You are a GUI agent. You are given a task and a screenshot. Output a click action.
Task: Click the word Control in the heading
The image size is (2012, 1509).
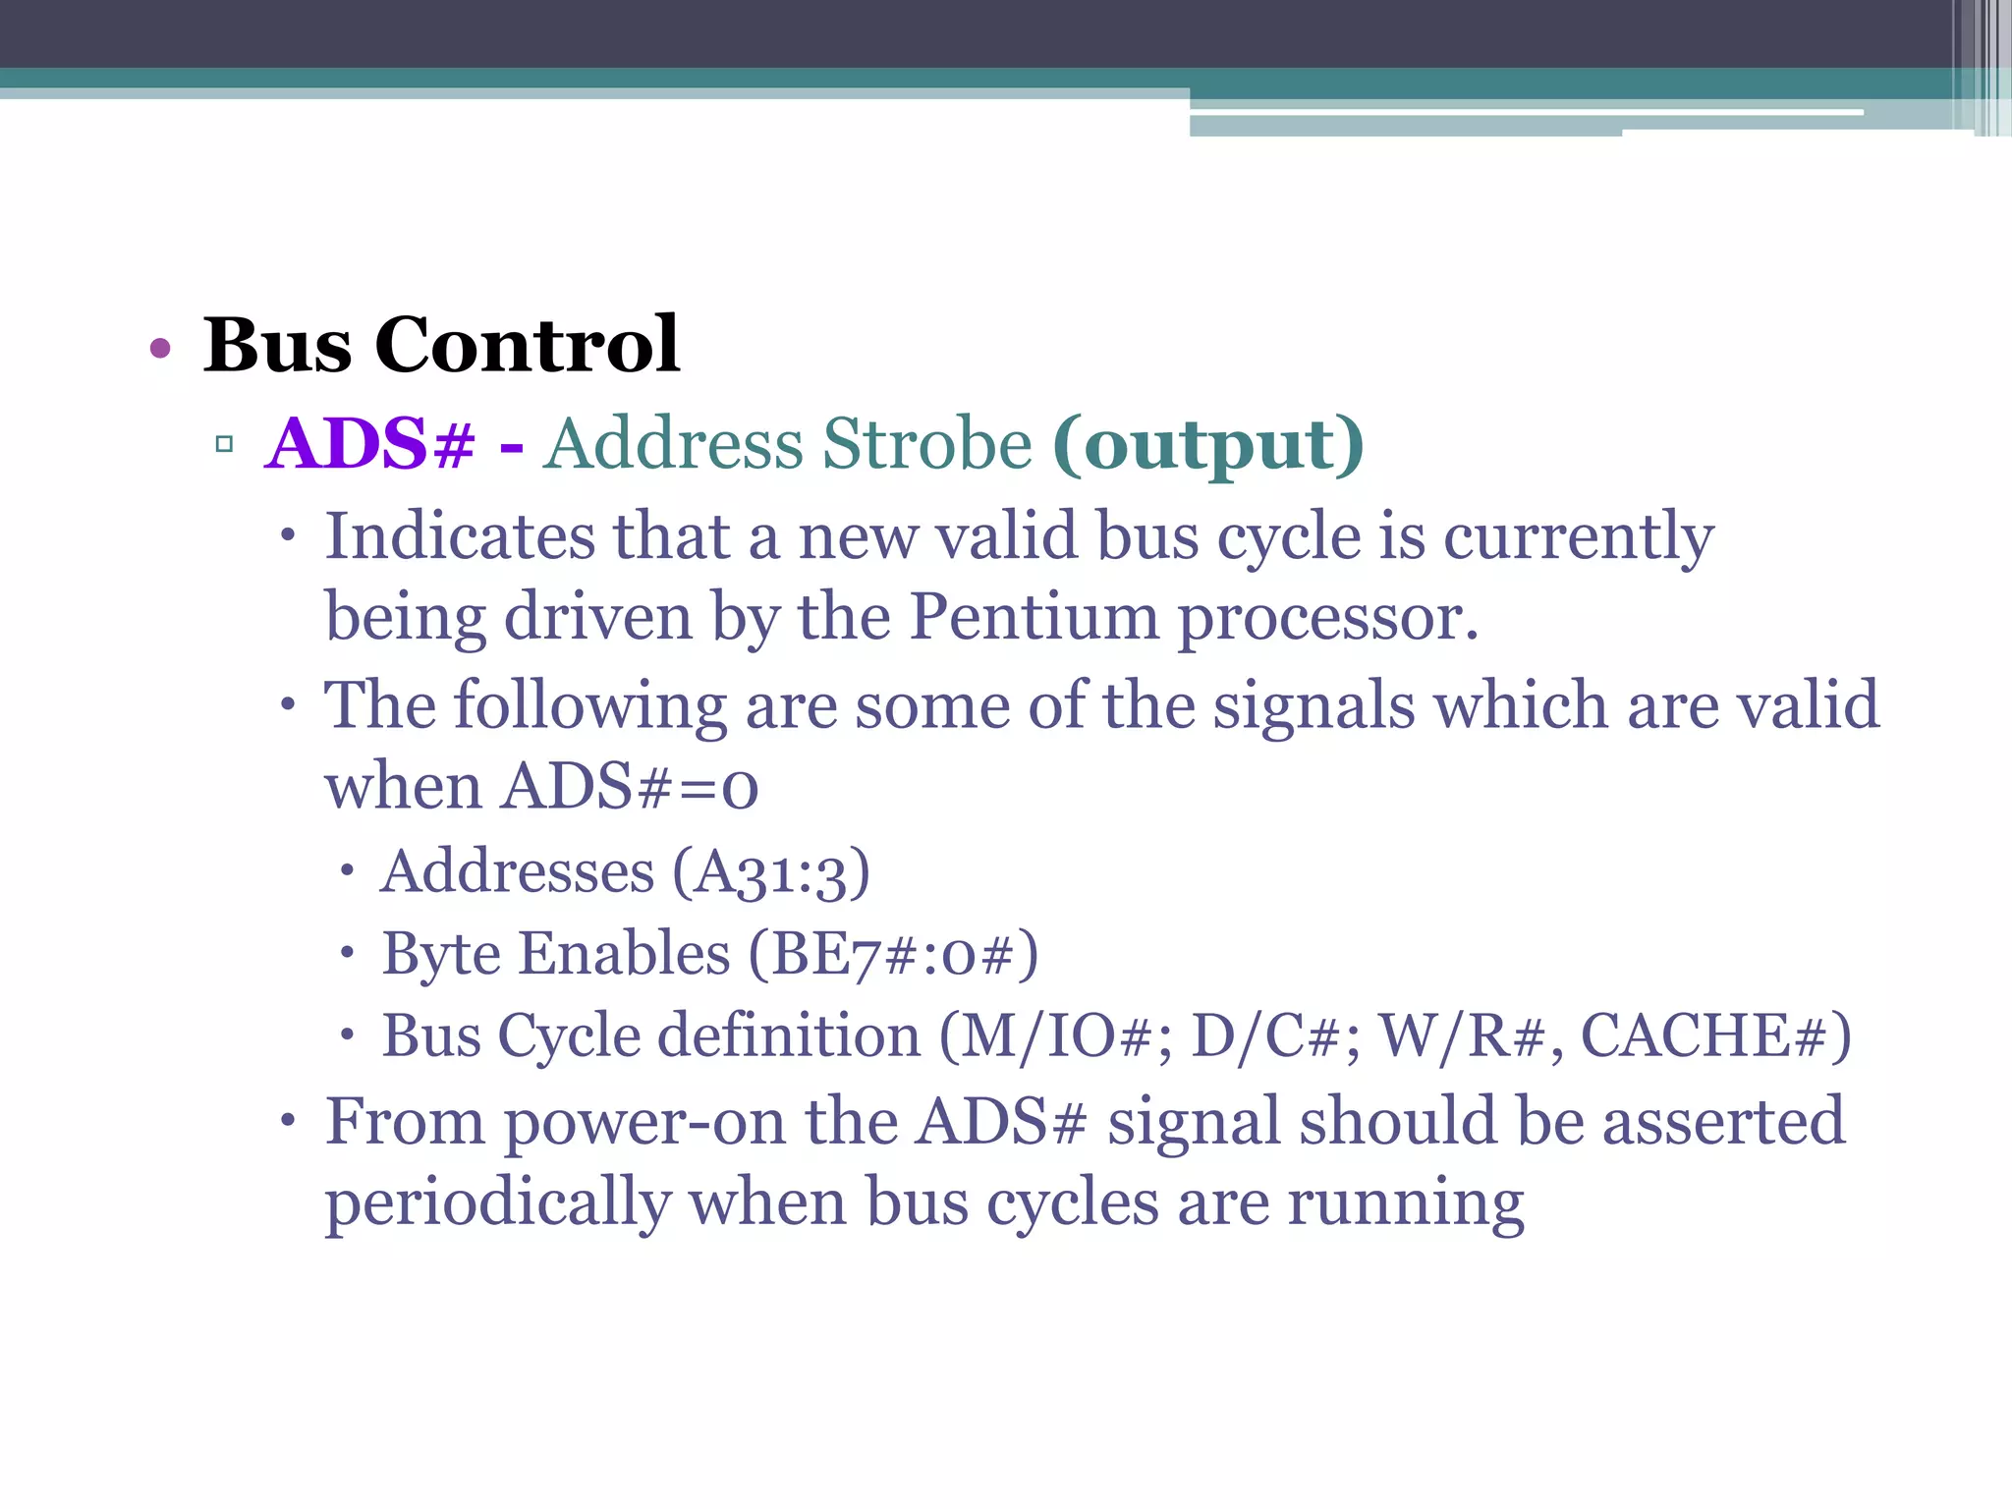tap(527, 345)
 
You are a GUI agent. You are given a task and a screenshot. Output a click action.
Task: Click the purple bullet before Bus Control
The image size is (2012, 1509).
tap(160, 348)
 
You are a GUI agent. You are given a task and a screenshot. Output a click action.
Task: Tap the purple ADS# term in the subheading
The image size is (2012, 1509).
tap(370, 444)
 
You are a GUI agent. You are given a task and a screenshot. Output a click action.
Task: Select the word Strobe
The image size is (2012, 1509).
tap(926, 444)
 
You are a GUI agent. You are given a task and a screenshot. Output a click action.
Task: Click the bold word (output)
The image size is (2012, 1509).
tap(1207, 444)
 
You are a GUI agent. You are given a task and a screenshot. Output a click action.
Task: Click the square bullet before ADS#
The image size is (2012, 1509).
tap(224, 444)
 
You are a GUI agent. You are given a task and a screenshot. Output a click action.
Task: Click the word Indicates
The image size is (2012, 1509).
tap(460, 536)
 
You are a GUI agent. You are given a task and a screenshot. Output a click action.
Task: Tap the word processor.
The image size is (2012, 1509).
tap(1327, 619)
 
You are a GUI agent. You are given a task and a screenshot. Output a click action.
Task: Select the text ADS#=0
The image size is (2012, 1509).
tap(630, 787)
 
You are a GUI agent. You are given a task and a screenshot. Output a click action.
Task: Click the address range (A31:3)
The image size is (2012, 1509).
tap(771, 872)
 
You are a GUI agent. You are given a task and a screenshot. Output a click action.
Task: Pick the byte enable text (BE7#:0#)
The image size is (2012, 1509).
tap(892, 954)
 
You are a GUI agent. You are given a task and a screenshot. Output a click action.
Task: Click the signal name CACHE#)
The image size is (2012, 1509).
tap(1715, 1035)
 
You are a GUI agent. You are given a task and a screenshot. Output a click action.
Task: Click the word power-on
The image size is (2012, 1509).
tap(644, 1122)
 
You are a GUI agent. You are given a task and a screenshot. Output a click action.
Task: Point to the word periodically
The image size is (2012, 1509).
tap(497, 1202)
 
